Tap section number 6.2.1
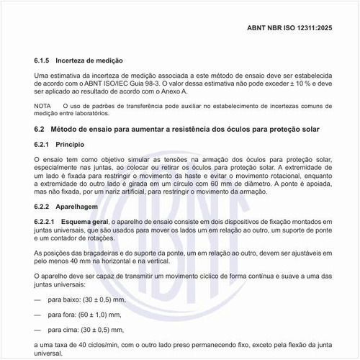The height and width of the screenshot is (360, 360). pyautogui.click(x=44, y=144)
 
